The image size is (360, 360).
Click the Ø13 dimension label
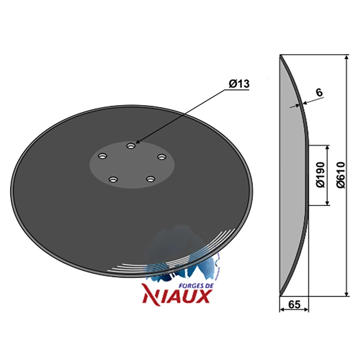239,84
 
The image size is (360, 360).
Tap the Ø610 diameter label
341,175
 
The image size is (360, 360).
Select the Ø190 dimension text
321,175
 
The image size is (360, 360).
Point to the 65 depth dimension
294,305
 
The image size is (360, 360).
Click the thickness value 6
319,92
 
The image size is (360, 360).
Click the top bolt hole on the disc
131,145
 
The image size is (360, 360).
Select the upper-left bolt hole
103,156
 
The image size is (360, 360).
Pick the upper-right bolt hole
162,157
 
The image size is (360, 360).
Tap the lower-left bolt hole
113,179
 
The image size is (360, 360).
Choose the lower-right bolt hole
151,179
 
